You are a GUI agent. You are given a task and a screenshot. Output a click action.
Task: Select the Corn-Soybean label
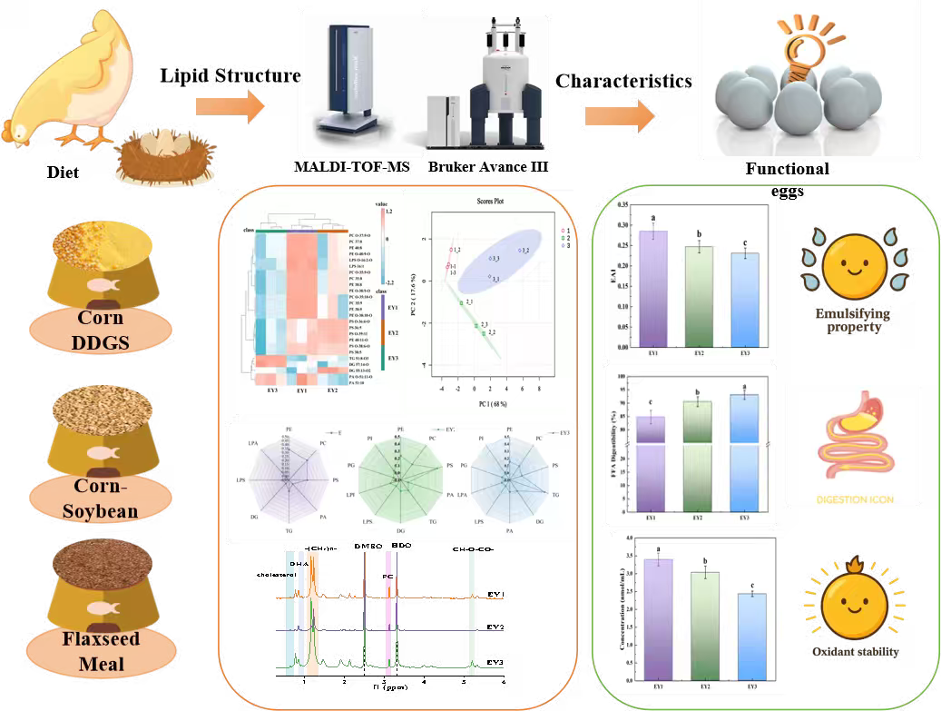[x=101, y=499]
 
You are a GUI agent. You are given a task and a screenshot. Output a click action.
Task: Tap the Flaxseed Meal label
[x=101, y=651]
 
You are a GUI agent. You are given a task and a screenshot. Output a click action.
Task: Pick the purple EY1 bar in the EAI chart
[x=652, y=291]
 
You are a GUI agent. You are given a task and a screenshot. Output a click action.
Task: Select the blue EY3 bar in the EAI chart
[x=745, y=302]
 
